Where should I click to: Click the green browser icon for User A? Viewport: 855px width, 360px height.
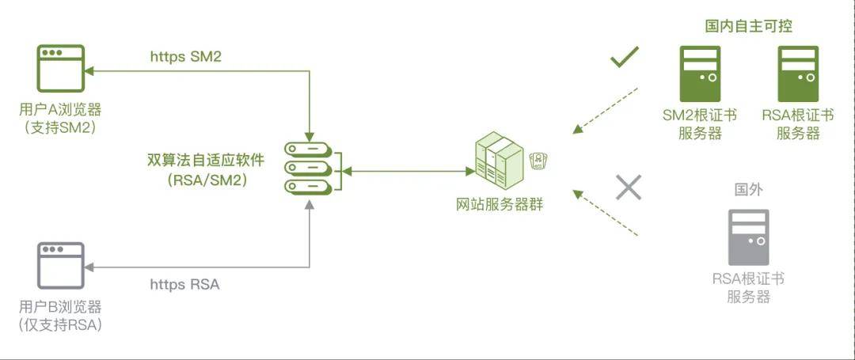(x=61, y=69)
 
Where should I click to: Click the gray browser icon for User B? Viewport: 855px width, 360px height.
(x=61, y=265)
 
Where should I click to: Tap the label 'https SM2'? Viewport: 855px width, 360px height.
(x=185, y=57)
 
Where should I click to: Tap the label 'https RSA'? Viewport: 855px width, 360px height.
(x=184, y=284)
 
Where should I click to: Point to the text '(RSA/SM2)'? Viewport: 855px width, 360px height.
(x=207, y=180)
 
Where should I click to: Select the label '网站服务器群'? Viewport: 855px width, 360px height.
(x=500, y=204)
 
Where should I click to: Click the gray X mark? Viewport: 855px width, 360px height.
(x=629, y=187)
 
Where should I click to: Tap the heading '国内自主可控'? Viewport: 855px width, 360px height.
(x=748, y=26)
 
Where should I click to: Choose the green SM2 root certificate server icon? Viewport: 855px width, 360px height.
(x=700, y=73)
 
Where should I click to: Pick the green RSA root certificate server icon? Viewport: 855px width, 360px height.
(x=798, y=73)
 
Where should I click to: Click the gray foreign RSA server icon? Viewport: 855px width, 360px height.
(x=748, y=237)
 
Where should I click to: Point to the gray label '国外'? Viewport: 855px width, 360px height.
(x=748, y=190)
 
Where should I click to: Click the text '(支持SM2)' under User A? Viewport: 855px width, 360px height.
(x=60, y=127)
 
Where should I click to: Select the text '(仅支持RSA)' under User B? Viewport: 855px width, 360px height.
(x=61, y=324)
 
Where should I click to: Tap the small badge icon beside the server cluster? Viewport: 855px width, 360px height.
(x=541, y=160)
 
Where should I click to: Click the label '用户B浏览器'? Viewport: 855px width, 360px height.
(x=61, y=306)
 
